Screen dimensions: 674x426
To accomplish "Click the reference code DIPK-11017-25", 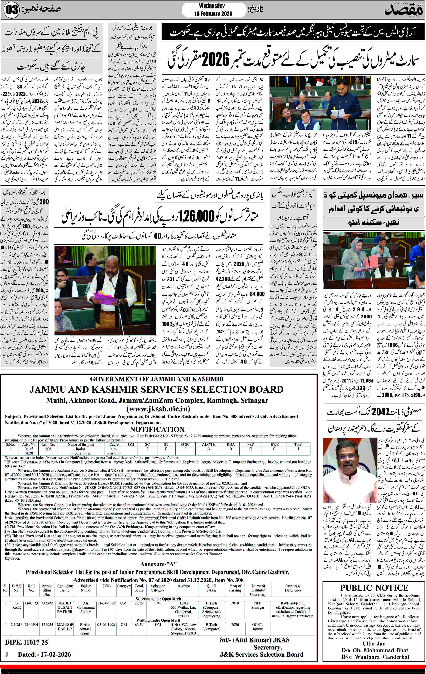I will click(27, 642).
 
